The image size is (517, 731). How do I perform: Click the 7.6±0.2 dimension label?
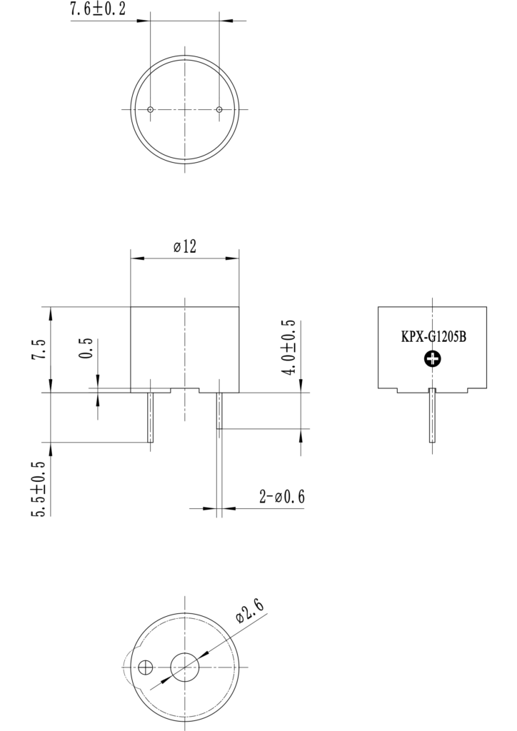(97, 9)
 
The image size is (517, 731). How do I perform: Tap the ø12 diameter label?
(185, 246)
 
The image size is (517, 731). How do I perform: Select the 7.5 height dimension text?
(40, 348)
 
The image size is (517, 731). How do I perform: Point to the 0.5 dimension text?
(86, 348)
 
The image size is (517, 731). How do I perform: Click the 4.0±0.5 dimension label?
(289, 348)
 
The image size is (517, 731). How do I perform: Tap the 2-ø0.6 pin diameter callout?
(282, 497)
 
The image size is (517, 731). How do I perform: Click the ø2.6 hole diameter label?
(251, 611)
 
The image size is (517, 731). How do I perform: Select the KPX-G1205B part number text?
(433, 337)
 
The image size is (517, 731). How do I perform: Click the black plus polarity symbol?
(433, 359)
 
